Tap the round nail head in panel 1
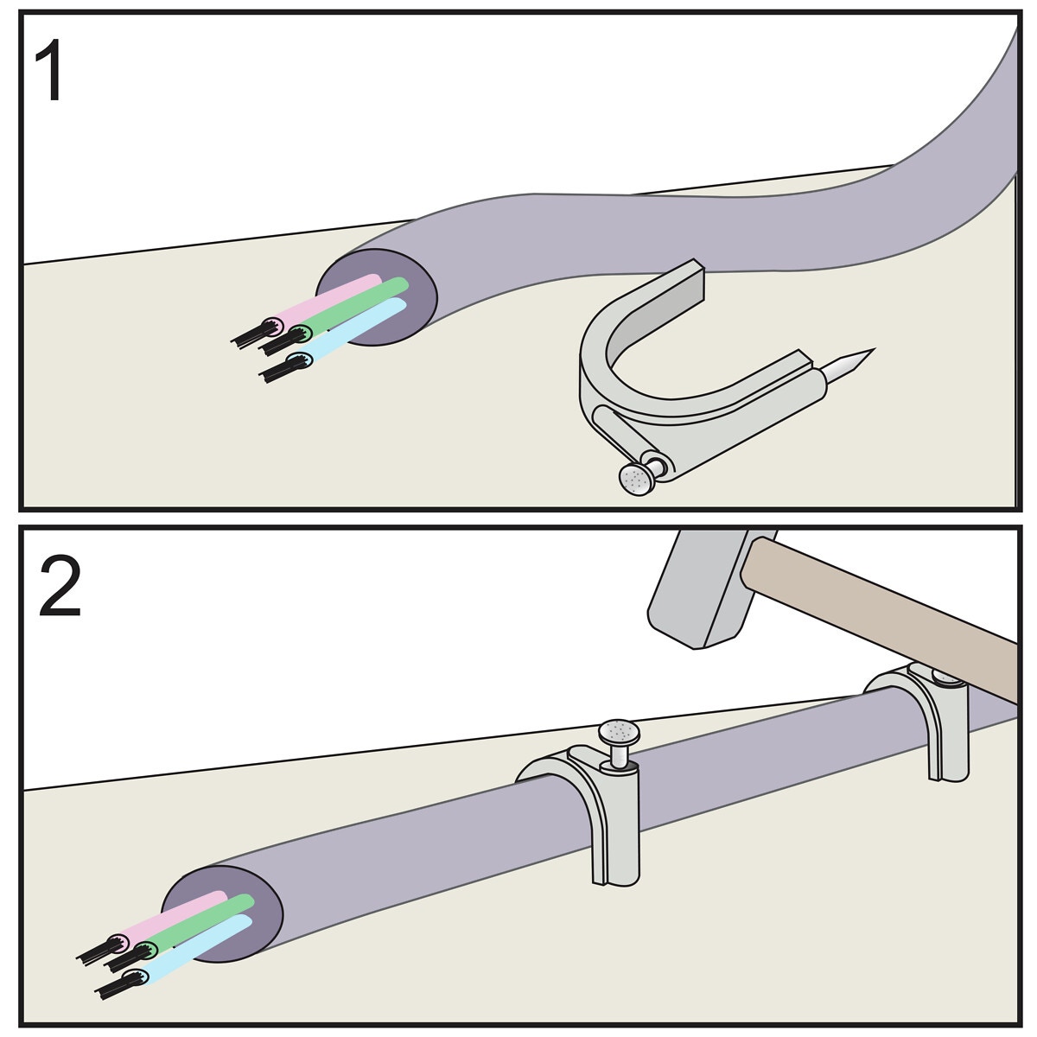638,480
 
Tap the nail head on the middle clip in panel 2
620,733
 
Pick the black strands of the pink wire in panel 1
251,333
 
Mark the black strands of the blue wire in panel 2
112,985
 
